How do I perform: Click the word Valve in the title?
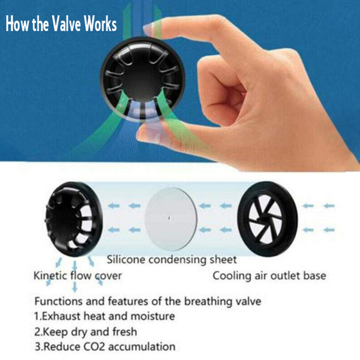[x=66, y=23]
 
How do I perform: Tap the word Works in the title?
[x=100, y=23]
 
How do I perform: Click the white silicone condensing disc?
[x=171, y=219]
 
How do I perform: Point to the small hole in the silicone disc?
[x=169, y=218]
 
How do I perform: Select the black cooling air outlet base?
[x=268, y=219]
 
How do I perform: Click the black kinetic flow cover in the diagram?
[x=73, y=219]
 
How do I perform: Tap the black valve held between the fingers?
[x=143, y=79]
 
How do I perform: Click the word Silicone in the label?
[x=126, y=260]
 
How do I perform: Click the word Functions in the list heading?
[x=58, y=301]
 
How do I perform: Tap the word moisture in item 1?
[x=152, y=316]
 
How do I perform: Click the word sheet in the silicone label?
[x=223, y=260]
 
